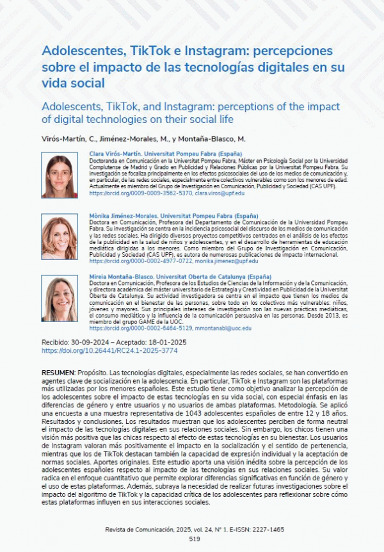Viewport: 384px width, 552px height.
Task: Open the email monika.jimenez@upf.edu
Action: click(x=230, y=261)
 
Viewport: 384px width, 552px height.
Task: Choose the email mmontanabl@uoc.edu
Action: click(x=223, y=328)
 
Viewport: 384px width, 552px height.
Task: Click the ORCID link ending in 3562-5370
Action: click(x=141, y=193)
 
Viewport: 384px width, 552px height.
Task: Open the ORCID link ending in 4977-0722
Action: click(x=141, y=261)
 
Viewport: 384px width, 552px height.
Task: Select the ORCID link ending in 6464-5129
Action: click(x=141, y=328)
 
